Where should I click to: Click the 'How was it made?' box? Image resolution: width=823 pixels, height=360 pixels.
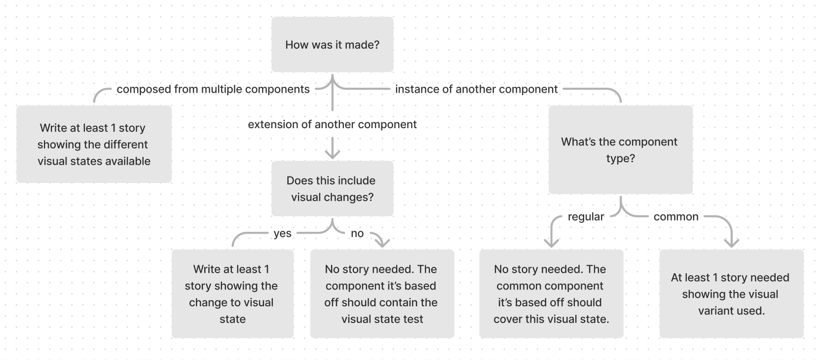point(332,44)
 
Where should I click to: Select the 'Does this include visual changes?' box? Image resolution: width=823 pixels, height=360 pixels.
point(332,188)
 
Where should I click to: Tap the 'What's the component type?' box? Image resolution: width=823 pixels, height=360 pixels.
point(620,149)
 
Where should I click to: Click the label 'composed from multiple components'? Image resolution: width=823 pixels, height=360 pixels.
point(213,89)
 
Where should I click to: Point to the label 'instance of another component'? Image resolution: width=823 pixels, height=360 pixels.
point(476,89)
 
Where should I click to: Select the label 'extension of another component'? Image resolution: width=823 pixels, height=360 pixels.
point(332,124)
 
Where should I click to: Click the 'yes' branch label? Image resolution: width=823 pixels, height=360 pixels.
point(282,233)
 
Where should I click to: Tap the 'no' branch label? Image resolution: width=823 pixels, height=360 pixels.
point(357,233)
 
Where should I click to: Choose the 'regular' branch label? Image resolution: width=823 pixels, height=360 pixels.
point(586,216)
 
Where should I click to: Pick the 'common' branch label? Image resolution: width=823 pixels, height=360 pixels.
point(675,216)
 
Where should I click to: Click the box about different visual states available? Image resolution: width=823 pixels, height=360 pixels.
point(94,144)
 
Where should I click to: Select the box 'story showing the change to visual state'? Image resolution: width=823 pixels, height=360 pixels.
point(232,293)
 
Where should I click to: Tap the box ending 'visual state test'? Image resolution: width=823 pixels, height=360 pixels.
point(381,293)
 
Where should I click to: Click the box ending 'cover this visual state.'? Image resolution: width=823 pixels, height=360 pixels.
point(551,293)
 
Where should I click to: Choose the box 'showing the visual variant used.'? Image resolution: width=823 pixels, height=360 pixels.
point(731,293)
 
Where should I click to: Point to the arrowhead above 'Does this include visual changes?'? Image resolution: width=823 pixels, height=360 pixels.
point(333,153)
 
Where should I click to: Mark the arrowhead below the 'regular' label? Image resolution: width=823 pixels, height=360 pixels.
point(551,242)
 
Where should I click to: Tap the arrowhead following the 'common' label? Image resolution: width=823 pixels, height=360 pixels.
point(731,242)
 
